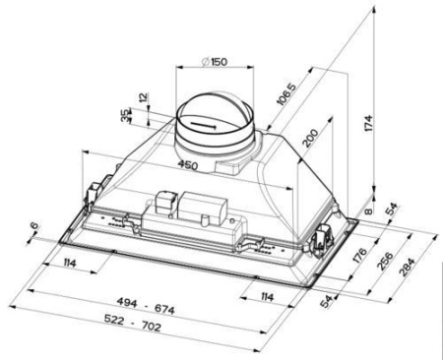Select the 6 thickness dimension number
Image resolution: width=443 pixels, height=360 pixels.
(x=34, y=228)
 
